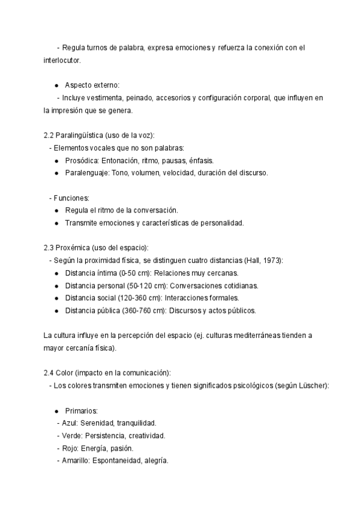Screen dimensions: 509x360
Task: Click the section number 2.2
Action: point(49,136)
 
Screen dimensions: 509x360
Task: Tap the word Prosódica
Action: point(81,161)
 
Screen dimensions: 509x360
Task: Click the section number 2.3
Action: point(49,247)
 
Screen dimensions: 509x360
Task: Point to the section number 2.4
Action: point(49,373)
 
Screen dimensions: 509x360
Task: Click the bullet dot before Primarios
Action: point(56,411)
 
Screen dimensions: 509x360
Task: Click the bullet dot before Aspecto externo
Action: point(56,85)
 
